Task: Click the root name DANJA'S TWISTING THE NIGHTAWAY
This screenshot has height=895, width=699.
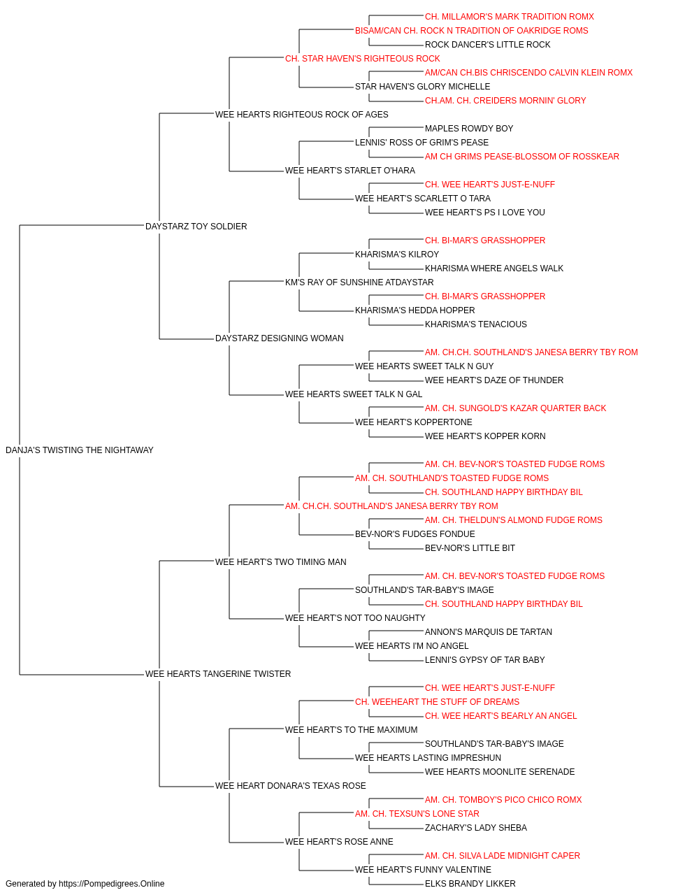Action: pyautogui.click(x=80, y=450)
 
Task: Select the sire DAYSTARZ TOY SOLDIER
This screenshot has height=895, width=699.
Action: pyautogui.click(x=196, y=226)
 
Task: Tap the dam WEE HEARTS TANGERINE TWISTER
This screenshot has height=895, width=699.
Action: pyautogui.click(x=218, y=674)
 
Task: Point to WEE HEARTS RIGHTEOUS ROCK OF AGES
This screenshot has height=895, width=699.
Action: pyautogui.click(x=301, y=114)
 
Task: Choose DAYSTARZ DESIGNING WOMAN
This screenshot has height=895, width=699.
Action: pyautogui.click(x=279, y=338)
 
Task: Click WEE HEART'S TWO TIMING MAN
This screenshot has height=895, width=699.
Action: pyautogui.click(x=281, y=561)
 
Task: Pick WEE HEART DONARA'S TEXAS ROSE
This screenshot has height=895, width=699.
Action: pyautogui.click(x=290, y=785)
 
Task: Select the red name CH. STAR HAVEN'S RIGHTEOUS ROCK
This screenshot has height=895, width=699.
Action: pyautogui.click(x=362, y=59)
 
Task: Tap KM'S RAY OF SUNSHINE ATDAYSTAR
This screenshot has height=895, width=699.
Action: pyautogui.click(x=359, y=282)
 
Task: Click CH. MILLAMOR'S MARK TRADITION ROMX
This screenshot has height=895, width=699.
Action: pyautogui.click(x=510, y=17)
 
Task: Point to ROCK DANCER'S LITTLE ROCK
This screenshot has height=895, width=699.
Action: pyautogui.click(x=487, y=45)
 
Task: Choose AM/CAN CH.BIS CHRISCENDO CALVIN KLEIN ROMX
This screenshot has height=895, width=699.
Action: pyautogui.click(x=528, y=73)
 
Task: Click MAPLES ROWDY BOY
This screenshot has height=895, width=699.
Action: pyautogui.click(x=469, y=128)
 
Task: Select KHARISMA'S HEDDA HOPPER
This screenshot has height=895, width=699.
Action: pyautogui.click(x=415, y=310)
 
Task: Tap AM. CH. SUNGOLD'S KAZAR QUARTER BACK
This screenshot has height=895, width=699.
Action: pyautogui.click(x=515, y=408)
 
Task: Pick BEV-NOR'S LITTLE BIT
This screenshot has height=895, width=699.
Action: pyautogui.click(x=470, y=547)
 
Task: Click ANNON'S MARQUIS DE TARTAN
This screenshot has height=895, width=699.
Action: pyautogui.click(x=488, y=632)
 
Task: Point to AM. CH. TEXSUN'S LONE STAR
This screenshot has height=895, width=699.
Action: pyautogui.click(x=417, y=813)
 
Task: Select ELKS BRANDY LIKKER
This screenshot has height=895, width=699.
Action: pyautogui.click(x=470, y=884)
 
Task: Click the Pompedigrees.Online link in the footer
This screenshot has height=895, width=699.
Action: pyautogui.click(x=112, y=884)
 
